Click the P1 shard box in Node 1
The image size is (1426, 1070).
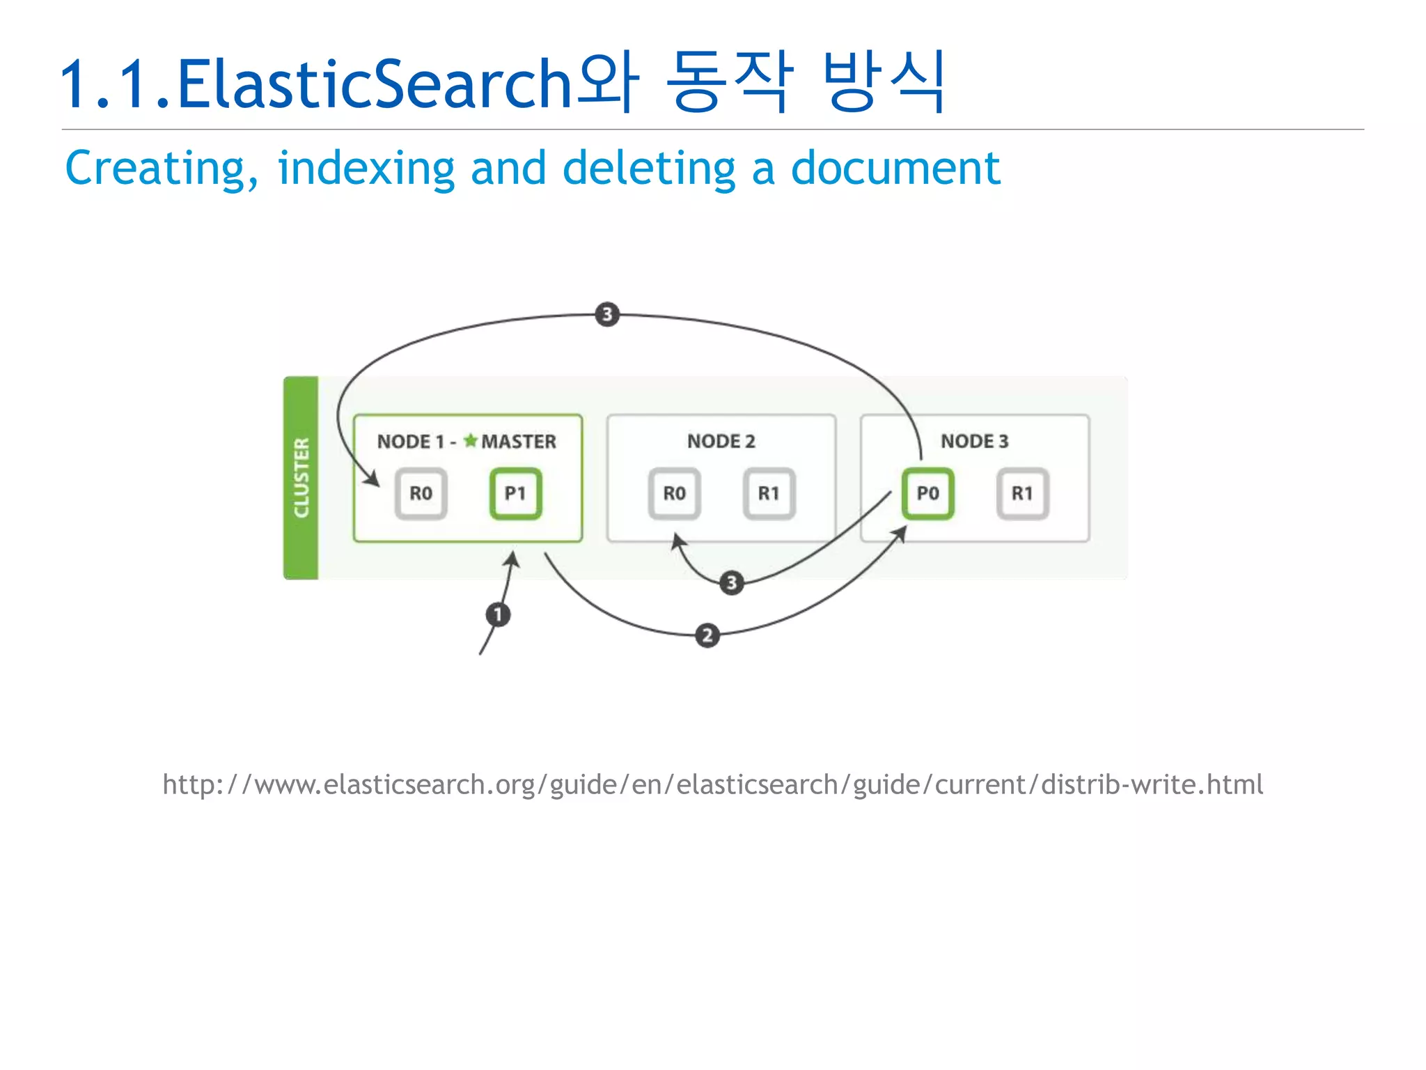tap(515, 494)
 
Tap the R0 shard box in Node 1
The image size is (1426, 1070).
tap(421, 494)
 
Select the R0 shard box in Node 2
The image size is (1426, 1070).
tap(674, 494)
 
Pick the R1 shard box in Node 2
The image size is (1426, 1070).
tap(769, 494)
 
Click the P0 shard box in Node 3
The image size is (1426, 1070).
tap(927, 494)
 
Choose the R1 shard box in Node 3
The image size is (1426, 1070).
tap(1022, 494)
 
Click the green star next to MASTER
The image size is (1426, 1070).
tap(471, 440)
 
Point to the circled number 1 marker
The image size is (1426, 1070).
tap(498, 614)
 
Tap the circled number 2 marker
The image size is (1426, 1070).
tap(707, 635)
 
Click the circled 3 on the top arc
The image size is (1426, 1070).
tap(607, 314)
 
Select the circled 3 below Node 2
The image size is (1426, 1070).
tap(731, 582)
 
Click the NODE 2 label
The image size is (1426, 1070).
tap(721, 441)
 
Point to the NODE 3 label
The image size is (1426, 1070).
tap(974, 441)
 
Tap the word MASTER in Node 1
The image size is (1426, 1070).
tap(519, 442)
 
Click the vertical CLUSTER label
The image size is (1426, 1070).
tap(301, 478)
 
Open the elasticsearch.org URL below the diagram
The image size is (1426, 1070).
tap(712, 785)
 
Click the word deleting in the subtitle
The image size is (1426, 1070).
tap(648, 169)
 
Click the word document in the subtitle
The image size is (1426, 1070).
tap(895, 169)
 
